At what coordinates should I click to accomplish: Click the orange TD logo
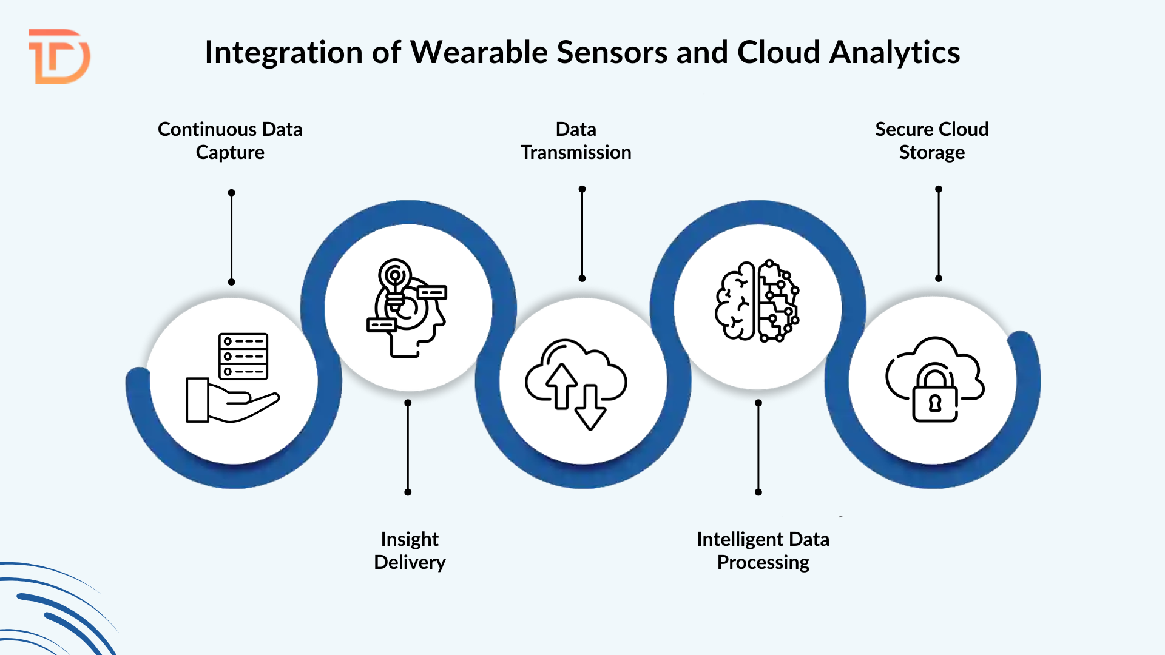(x=59, y=56)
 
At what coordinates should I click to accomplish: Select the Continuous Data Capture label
(x=230, y=141)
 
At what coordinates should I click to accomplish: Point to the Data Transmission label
(x=576, y=141)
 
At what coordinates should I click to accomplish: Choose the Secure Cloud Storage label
(x=931, y=141)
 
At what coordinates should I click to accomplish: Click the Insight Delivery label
(x=410, y=551)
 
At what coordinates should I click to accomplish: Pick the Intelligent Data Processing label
(x=763, y=551)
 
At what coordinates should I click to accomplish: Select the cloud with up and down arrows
(x=576, y=382)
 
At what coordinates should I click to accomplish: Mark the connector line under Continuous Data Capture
(x=231, y=237)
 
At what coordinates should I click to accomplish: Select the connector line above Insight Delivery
(x=408, y=448)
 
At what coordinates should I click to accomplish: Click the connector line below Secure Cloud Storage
(x=939, y=233)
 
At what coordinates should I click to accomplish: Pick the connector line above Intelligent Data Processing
(x=758, y=448)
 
